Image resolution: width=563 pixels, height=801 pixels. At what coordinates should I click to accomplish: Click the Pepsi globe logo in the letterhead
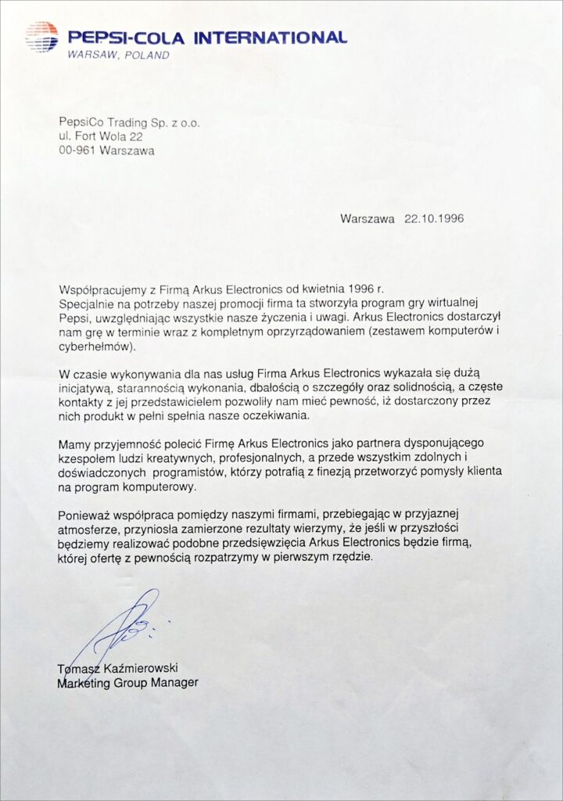[x=41, y=37]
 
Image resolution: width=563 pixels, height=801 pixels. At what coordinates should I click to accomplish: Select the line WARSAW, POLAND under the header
[x=118, y=56]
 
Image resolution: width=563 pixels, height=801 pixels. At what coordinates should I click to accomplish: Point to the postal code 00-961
[x=77, y=151]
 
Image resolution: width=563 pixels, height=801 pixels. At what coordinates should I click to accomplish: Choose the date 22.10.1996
[x=434, y=219]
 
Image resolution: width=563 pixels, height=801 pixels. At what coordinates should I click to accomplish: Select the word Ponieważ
[x=84, y=514]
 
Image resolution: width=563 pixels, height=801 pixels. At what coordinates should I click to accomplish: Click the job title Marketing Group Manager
[x=128, y=682]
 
